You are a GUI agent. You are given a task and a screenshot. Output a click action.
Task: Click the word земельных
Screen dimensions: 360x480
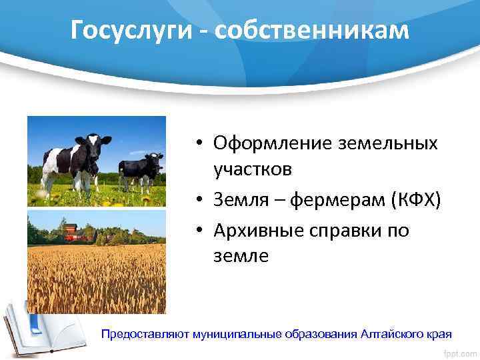click(385, 143)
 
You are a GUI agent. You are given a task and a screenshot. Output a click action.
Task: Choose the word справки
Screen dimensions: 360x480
click(350, 230)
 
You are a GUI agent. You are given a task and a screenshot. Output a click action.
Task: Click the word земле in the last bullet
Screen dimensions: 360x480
click(241, 255)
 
